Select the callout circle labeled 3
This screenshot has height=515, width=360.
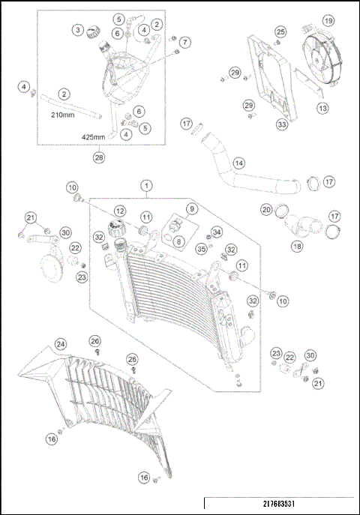[x=77, y=29]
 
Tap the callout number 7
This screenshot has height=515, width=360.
[x=184, y=42]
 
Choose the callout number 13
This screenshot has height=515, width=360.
[x=322, y=109]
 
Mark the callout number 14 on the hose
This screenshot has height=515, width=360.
[x=238, y=162]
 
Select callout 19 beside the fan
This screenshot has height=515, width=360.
[x=328, y=20]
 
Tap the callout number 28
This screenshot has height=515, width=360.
[x=98, y=157]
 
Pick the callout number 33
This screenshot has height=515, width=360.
[x=260, y=124]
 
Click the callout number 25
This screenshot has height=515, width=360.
[x=280, y=31]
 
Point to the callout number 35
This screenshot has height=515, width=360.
[x=201, y=249]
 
